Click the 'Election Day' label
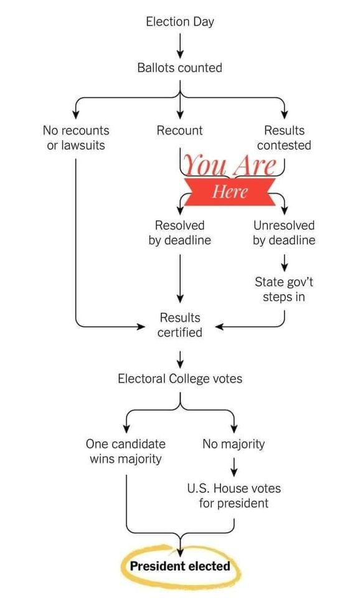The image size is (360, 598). [x=180, y=22]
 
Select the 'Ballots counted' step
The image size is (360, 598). [x=179, y=68]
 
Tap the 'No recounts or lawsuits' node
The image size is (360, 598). [x=76, y=138]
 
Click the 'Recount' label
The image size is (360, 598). [x=179, y=130]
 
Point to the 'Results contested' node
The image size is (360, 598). [x=284, y=138]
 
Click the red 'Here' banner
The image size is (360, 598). [x=230, y=191]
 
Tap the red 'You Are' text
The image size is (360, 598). [x=230, y=165]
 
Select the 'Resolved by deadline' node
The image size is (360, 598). [x=179, y=232]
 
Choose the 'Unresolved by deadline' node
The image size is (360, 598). [x=284, y=232]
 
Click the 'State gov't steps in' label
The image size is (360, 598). [x=284, y=289]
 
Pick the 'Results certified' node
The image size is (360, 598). [x=180, y=325]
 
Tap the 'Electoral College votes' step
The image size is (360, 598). [x=180, y=379]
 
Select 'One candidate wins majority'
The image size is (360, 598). [x=125, y=451]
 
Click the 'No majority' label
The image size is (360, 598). [x=234, y=444]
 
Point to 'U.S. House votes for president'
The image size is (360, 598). [x=234, y=495]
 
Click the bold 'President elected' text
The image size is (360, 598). [x=180, y=566]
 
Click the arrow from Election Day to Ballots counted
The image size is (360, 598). [x=180, y=45]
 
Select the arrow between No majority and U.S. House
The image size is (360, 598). [x=234, y=467]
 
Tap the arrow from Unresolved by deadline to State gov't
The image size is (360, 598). [x=284, y=262]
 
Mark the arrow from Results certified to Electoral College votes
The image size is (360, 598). [x=180, y=359]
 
